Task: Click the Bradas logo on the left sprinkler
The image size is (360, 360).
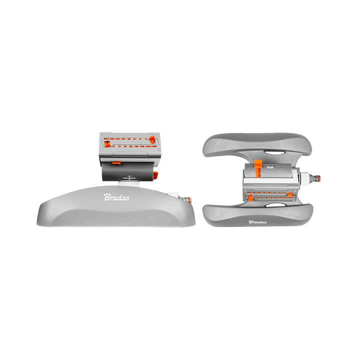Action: coord(116,197)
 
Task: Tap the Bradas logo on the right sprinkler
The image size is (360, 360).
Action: coord(257,222)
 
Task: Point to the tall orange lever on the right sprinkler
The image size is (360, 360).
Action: coord(258,167)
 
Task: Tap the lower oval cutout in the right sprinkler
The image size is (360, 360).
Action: coord(274,205)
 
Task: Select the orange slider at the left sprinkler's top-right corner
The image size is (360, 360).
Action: coord(152,139)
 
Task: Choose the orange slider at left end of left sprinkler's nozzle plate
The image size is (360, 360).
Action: coord(107,144)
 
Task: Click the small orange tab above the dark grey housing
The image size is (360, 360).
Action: coord(116,163)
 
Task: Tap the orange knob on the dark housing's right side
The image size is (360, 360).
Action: coord(155,175)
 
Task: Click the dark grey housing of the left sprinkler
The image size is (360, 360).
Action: coord(128,171)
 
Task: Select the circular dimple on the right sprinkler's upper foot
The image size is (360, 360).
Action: coord(216,146)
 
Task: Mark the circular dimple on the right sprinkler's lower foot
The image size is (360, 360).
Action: coord(216,212)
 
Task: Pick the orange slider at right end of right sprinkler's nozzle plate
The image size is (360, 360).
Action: coord(290,195)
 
